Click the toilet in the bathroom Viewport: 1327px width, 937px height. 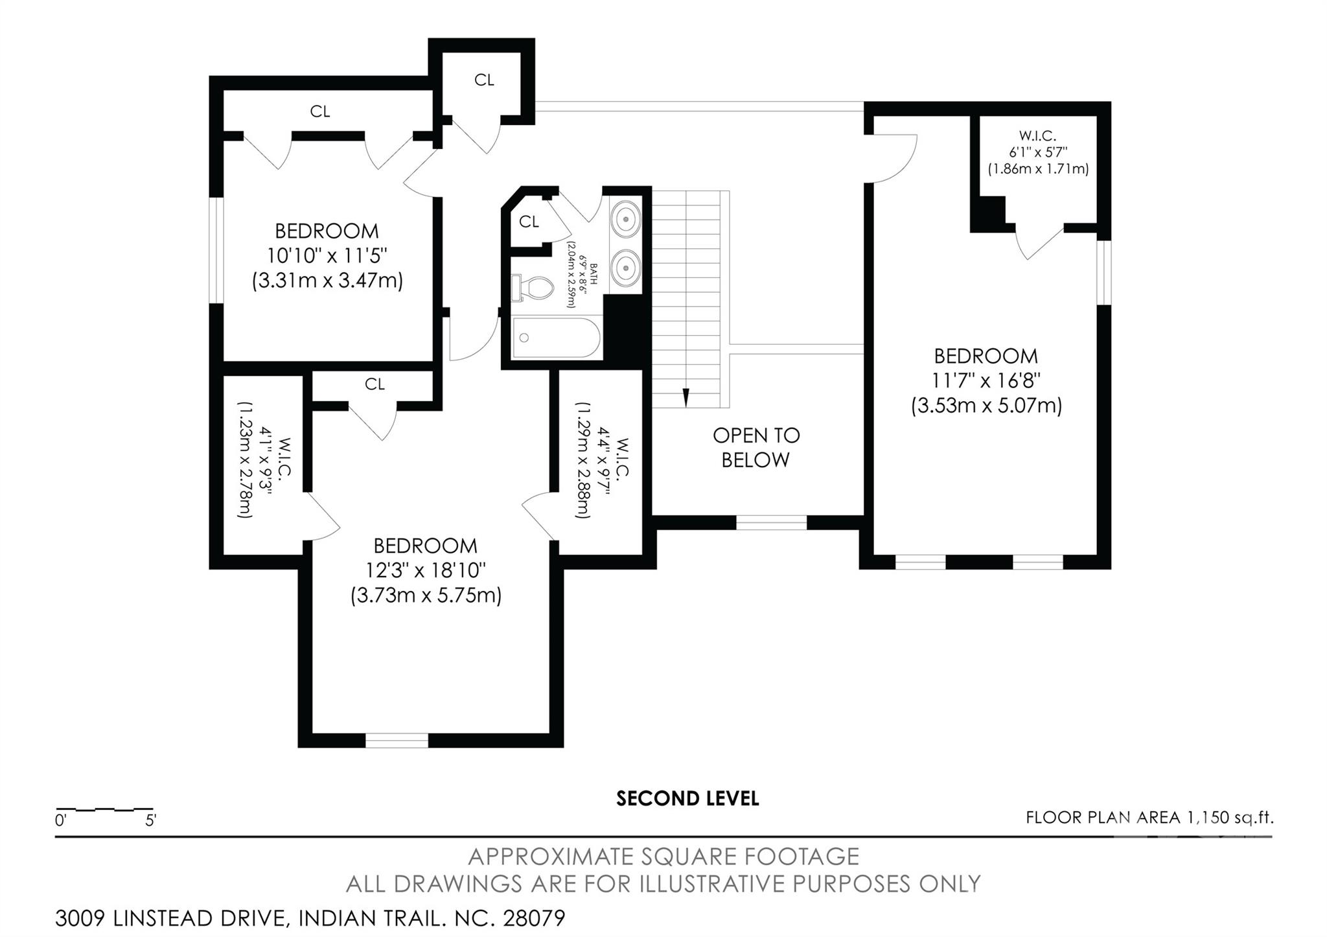532,288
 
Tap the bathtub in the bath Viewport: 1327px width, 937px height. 557,338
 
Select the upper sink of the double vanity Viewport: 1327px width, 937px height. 625,219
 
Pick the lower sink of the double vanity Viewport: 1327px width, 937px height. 625,266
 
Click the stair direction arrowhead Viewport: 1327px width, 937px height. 686,397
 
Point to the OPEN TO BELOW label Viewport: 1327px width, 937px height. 756,447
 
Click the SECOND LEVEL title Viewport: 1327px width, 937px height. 687,798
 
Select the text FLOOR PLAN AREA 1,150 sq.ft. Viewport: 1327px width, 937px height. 1149,818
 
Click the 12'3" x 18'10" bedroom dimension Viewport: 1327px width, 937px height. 426,570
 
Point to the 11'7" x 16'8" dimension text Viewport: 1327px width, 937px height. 986,380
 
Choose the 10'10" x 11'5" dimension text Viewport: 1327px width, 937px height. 327,255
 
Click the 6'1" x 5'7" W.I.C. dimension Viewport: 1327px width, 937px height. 1038,152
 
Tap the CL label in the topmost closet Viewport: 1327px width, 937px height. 484,80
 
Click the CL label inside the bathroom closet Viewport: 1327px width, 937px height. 529,222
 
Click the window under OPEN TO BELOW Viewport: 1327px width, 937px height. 771,522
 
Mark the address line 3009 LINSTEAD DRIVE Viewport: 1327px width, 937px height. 310,918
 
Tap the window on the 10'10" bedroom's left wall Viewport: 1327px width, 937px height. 216,250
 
